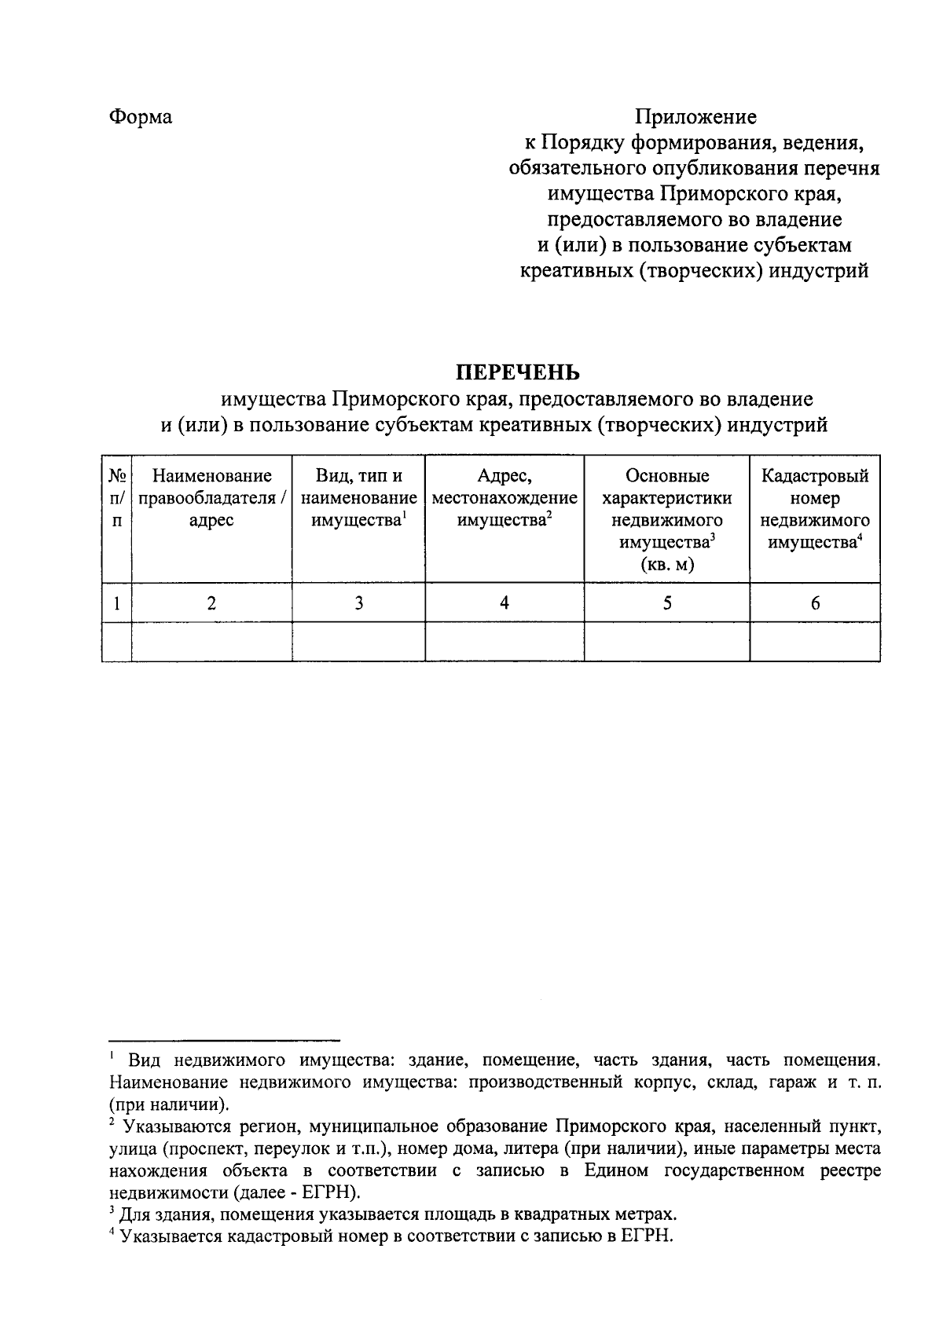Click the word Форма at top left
point(141,117)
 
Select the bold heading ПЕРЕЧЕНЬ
point(519,372)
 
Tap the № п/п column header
point(117,498)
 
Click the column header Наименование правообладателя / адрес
point(211,498)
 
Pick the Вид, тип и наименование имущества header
point(358,498)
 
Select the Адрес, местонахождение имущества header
point(505,498)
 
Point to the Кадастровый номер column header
point(815,509)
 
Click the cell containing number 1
point(117,603)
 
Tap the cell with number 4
point(505,603)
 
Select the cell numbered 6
point(815,603)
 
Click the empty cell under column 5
point(666,642)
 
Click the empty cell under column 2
point(211,642)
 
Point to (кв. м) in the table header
point(667,565)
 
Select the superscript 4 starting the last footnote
point(112,1233)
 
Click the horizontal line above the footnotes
point(223,1038)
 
